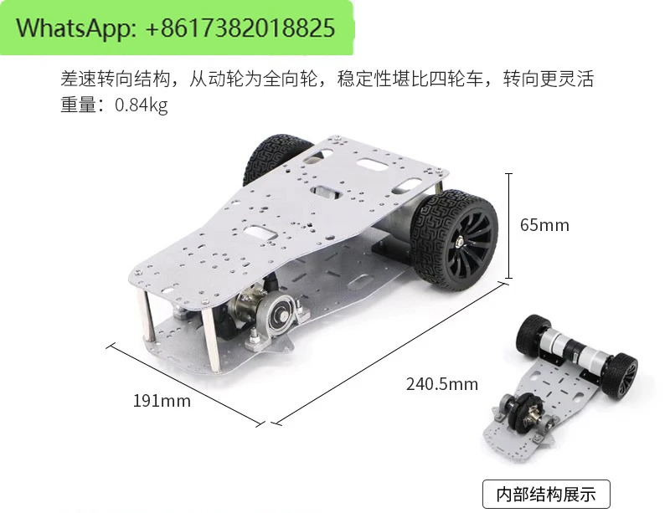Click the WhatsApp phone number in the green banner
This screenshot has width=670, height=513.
pos(240,28)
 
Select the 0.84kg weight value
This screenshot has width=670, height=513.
pos(141,105)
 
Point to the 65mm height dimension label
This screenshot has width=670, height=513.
pos(544,225)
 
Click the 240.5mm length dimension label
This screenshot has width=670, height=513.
pos(442,384)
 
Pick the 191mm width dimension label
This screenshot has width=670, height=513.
pos(162,401)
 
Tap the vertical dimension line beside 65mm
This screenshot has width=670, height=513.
pos(508,226)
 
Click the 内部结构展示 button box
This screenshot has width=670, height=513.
pos(546,495)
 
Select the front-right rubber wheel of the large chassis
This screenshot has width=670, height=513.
pos(454,240)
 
